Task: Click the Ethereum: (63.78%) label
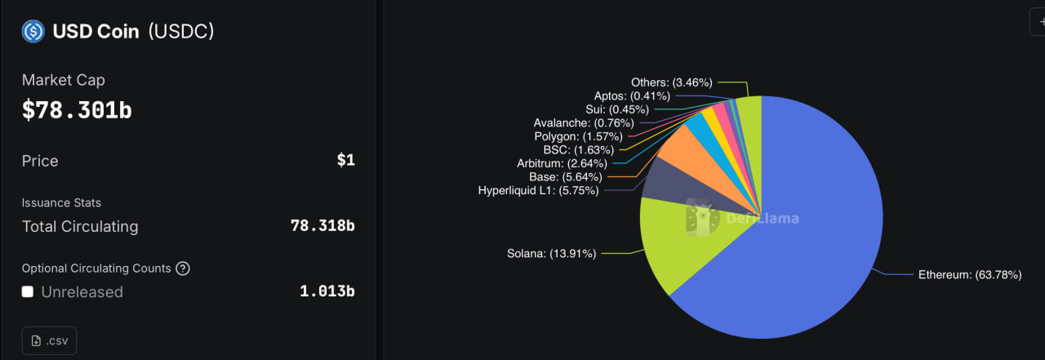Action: (x=970, y=275)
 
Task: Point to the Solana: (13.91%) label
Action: (x=552, y=253)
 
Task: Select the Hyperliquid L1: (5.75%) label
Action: (x=538, y=190)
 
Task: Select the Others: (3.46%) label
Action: (x=671, y=82)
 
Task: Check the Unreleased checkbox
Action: (x=28, y=291)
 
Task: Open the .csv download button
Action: (x=49, y=340)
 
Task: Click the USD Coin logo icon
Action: (x=33, y=32)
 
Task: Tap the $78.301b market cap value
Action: (x=77, y=110)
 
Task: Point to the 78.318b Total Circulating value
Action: (x=322, y=226)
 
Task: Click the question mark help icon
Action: (x=183, y=269)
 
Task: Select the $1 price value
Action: (x=345, y=160)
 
